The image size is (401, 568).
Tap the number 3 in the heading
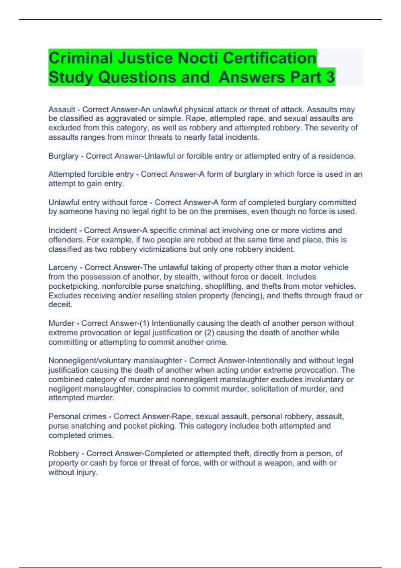click(329, 77)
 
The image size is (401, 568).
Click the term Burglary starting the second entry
click(63, 156)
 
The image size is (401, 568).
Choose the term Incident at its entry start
click(62, 230)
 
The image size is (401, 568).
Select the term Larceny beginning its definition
click(63, 267)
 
